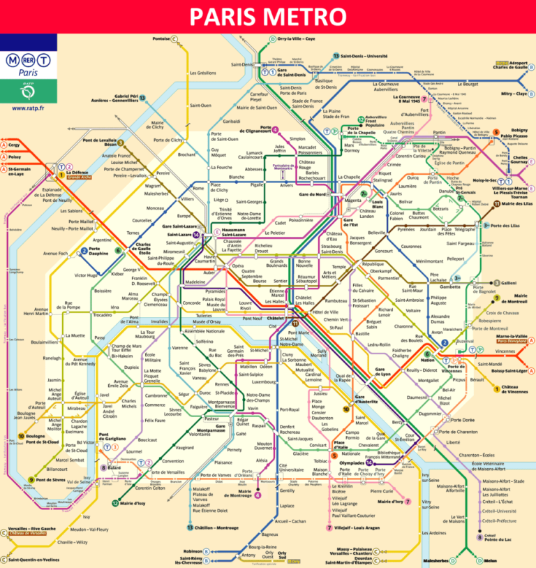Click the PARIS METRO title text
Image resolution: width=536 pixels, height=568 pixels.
coord(268,16)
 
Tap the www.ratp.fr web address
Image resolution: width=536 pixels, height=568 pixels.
coord(29,108)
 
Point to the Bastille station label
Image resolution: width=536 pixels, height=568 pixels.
coord(362,334)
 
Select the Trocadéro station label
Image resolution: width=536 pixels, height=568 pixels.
coord(103,315)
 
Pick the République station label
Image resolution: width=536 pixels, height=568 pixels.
coord(373,264)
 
